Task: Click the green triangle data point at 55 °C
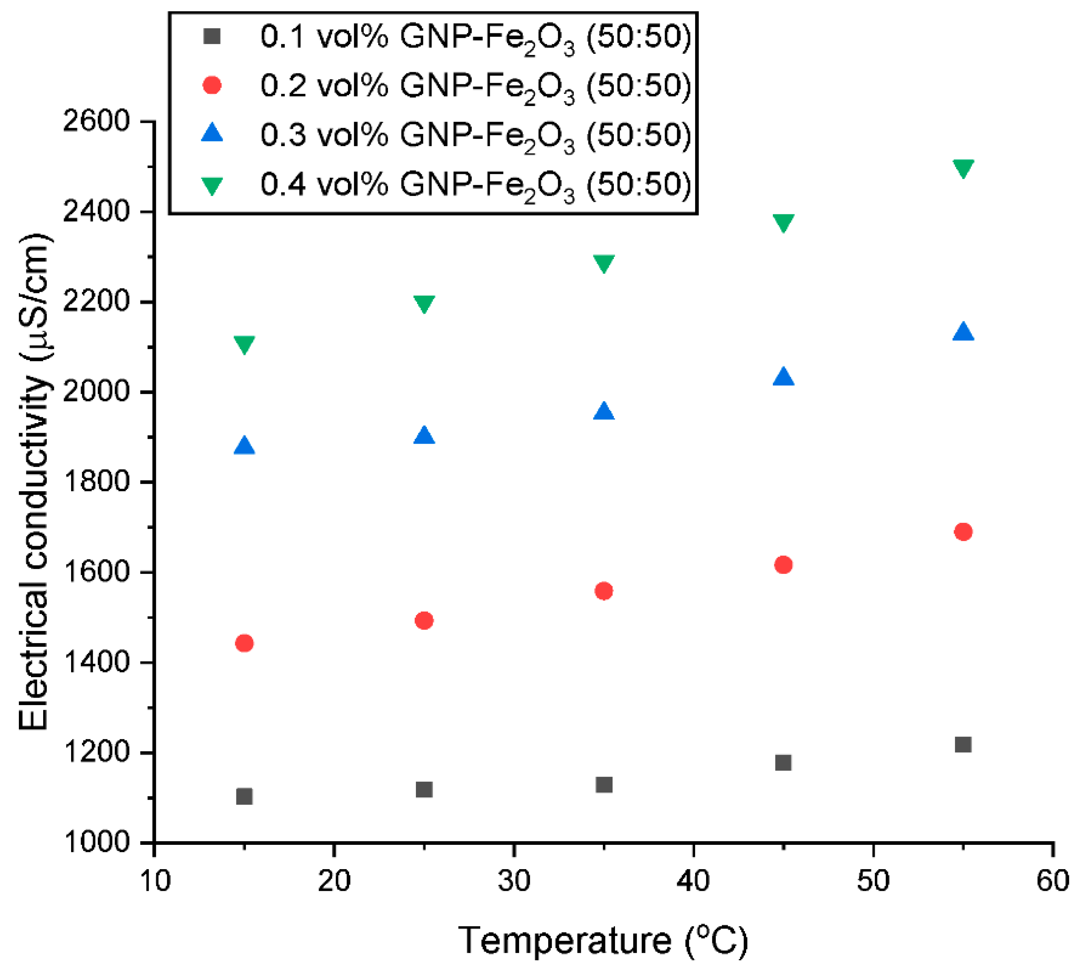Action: [963, 168]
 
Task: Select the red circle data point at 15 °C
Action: [244, 643]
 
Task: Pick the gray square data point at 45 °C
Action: [783, 762]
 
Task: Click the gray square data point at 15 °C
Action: [244, 796]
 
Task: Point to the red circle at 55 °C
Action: [963, 532]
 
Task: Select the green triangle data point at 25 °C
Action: [424, 303]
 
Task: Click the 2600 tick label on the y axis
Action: [97, 121]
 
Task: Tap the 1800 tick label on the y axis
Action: [97, 482]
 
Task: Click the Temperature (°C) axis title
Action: [603, 940]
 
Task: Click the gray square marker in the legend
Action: [212, 37]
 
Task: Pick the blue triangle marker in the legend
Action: [212, 133]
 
